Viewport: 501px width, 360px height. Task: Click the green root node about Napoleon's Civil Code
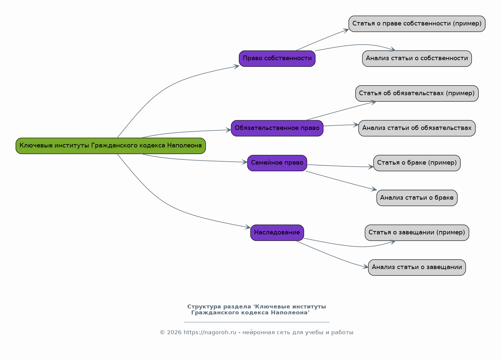(111, 146)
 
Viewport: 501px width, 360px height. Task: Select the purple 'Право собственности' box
(277, 59)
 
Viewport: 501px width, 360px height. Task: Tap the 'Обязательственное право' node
(277, 128)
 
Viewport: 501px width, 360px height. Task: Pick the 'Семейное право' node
(277, 163)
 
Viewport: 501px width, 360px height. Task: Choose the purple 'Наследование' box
(277, 233)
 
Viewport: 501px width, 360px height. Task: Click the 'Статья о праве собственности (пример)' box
(417, 24)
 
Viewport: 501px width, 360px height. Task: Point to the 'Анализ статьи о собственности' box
(417, 59)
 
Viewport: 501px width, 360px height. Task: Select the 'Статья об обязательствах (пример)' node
(417, 93)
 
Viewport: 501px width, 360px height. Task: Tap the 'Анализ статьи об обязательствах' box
(417, 128)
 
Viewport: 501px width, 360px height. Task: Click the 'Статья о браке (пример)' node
(417, 163)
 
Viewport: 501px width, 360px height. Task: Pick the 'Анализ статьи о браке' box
(417, 198)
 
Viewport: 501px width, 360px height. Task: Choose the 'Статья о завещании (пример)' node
(417, 233)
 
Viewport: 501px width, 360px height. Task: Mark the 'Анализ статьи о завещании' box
(417, 267)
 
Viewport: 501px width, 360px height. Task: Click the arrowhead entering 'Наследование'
(248, 227)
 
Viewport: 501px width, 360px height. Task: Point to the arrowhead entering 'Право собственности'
(236, 66)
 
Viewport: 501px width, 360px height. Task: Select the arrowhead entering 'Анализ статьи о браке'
(374, 189)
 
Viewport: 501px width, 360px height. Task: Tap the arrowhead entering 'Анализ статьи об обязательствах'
(356, 125)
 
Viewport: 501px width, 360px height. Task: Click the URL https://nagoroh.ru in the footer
(210, 333)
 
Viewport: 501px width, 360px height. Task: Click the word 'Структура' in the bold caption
(204, 307)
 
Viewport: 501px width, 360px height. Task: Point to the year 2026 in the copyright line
(174, 333)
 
